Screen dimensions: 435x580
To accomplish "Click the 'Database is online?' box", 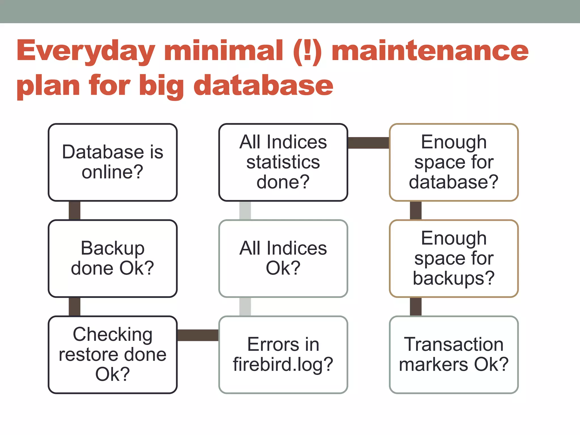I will pos(112,162).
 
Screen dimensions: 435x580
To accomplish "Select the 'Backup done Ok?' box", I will pos(112,258).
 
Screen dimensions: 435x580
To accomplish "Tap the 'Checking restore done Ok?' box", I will pos(112,355).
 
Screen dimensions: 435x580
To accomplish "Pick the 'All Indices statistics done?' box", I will pos(283,162).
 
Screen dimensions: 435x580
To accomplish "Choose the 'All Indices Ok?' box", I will pos(283,258).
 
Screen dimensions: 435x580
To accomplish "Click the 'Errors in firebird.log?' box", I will pos(283,355).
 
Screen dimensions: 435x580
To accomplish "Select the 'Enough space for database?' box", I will pos(453,162).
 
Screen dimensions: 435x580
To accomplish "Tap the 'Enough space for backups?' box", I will pos(453,258).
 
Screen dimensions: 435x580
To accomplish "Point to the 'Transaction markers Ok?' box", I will pos(453,355).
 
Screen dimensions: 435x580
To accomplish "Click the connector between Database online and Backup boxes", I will pos(74,210).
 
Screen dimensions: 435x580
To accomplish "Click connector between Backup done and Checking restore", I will pos(74,307).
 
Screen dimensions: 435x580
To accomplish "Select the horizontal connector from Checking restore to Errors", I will pos(198,335).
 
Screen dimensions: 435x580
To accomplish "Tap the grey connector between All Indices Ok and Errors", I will pos(245,307).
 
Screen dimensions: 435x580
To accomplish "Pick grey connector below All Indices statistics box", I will pos(245,210).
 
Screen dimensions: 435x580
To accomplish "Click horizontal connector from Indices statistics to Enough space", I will pos(368,143).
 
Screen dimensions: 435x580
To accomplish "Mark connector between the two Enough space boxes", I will pos(415,210).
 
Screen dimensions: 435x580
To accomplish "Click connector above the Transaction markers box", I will pos(415,307).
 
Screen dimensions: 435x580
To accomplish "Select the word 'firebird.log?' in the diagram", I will pos(283,364).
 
